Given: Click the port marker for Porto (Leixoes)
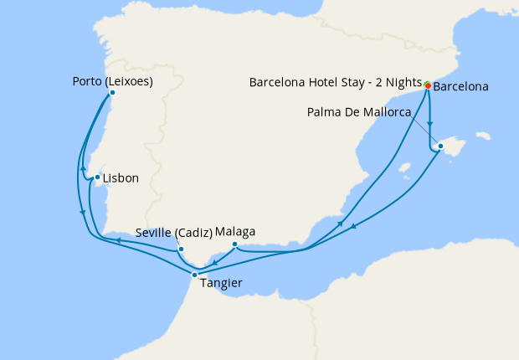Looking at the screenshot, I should pyautogui.click(x=113, y=93).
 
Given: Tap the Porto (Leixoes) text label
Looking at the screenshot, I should pyautogui.click(x=113, y=81).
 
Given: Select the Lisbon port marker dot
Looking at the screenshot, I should pyautogui.click(x=97, y=177).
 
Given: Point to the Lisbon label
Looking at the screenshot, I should pyautogui.click(x=121, y=177).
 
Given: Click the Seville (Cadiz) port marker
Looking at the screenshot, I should pyautogui.click(x=181, y=249).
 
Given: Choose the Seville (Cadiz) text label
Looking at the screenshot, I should pyautogui.click(x=174, y=232).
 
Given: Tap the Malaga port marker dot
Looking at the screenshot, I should pyautogui.click(x=235, y=244).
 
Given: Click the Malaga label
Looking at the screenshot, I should pyautogui.click(x=235, y=232).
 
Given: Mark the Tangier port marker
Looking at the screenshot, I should pyautogui.click(x=194, y=275).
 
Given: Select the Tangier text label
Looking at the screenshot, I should pyautogui.click(x=222, y=283).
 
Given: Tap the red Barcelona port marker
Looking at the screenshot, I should pyautogui.click(x=428, y=85).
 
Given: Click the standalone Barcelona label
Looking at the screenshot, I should pyautogui.click(x=461, y=86).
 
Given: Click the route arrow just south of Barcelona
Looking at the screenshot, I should pyautogui.click(x=429, y=122).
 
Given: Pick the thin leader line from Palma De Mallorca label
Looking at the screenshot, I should pyautogui.click(x=424, y=130).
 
